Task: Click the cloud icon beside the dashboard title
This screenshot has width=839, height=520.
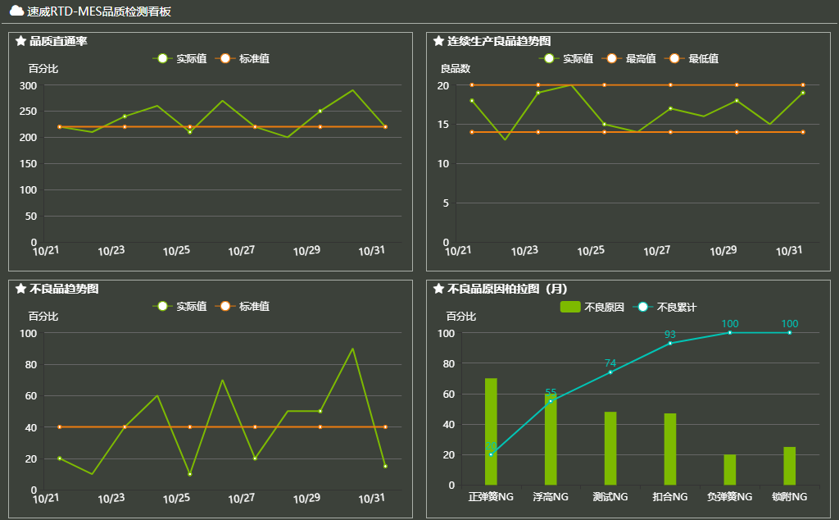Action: pos(16,11)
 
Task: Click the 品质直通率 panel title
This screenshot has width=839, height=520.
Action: pos(58,41)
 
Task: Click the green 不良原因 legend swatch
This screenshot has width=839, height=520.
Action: pos(570,307)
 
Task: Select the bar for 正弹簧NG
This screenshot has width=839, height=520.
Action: pos(491,431)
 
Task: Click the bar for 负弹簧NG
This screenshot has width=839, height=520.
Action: pos(730,469)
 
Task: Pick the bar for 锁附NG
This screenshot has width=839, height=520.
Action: pos(789,466)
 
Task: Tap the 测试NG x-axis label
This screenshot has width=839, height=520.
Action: pos(610,497)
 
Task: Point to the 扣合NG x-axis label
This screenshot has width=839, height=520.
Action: pos(670,497)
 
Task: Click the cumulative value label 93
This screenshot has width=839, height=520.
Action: pos(670,335)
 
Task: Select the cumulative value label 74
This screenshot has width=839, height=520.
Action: pos(610,363)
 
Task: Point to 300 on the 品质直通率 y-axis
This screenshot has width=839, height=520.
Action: pos(28,85)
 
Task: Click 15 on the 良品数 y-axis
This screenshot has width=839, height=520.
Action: pos(443,125)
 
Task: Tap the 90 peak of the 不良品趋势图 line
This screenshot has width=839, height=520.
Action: pos(352,349)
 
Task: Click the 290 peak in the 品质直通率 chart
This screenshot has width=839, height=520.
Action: pos(352,90)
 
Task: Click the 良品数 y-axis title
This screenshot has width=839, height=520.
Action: pos(456,68)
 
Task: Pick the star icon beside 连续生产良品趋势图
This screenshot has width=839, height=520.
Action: pos(438,41)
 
